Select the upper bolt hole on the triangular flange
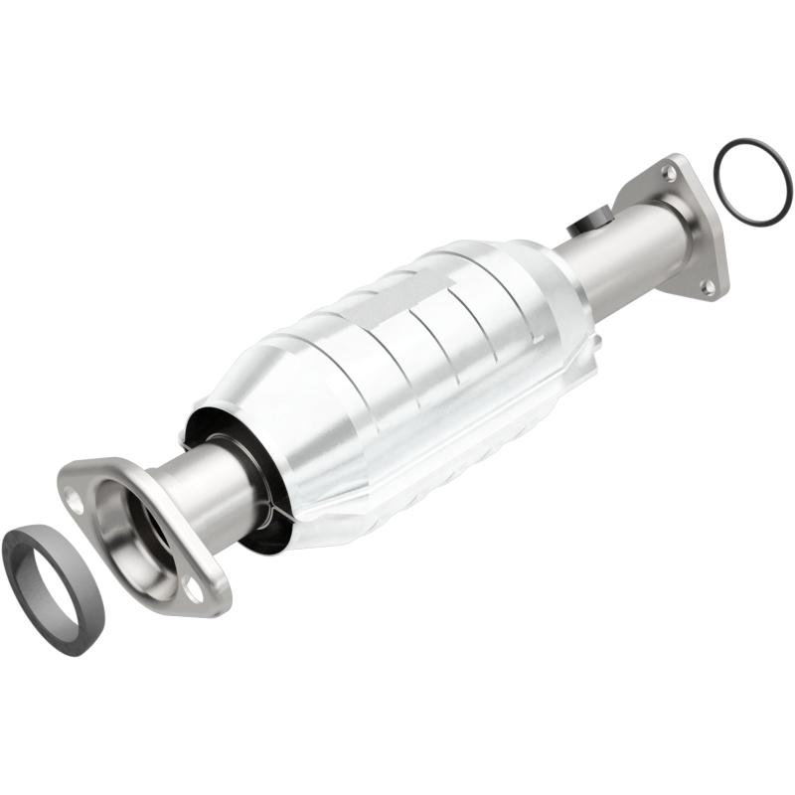pyautogui.click(x=674, y=173)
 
